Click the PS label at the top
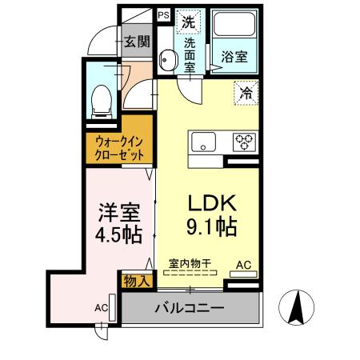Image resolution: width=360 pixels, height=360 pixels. tap(163, 14)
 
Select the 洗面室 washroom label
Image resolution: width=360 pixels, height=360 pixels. tap(190, 56)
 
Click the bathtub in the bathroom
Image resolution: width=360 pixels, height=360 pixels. tap(232, 26)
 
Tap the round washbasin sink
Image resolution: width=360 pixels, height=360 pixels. tap(167, 59)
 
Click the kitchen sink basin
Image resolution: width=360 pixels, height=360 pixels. tap(205, 143)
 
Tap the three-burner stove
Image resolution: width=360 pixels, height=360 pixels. tap(243, 142)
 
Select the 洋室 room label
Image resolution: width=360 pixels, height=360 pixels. tap(120, 213)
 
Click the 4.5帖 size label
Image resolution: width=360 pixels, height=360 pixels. tap(120, 235)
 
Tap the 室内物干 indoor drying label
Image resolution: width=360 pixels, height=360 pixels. tap(190, 263)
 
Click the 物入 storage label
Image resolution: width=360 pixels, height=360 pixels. tap(134, 280)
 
